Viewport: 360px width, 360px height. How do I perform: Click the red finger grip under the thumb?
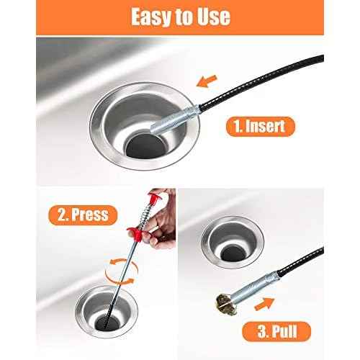tap(131, 233)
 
